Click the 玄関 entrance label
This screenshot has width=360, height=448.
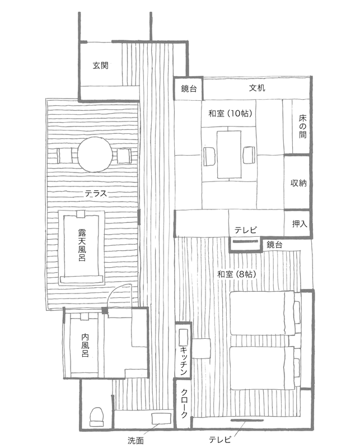pyautogui.click(x=101, y=66)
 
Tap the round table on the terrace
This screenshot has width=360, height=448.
pyautogui.click(x=94, y=155)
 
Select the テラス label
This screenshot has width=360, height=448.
pyautogui.click(x=96, y=194)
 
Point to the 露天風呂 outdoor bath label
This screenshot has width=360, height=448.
pyautogui.click(x=82, y=245)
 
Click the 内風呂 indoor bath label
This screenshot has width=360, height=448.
pyautogui.click(x=85, y=345)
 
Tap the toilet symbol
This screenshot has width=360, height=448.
pyautogui.click(x=96, y=417)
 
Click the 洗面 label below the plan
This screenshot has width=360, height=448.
pyautogui.click(x=135, y=441)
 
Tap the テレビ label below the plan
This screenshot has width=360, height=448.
pyautogui.click(x=219, y=440)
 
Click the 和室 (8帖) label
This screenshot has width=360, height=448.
pyautogui.click(x=237, y=274)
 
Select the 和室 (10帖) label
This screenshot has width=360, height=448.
pyautogui.click(x=231, y=114)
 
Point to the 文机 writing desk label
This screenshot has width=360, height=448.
pyautogui.click(x=257, y=88)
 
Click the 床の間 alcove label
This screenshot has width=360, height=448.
pyautogui.click(x=302, y=127)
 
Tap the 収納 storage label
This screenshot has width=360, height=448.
pyautogui.click(x=298, y=183)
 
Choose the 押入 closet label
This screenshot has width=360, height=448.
pyautogui.click(x=300, y=223)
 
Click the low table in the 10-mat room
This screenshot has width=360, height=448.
pyautogui.click(x=228, y=155)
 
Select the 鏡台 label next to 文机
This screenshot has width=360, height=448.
pyautogui.click(x=189, y=88)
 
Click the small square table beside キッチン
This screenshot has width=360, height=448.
pyautogui.click(x=202, y=348)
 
